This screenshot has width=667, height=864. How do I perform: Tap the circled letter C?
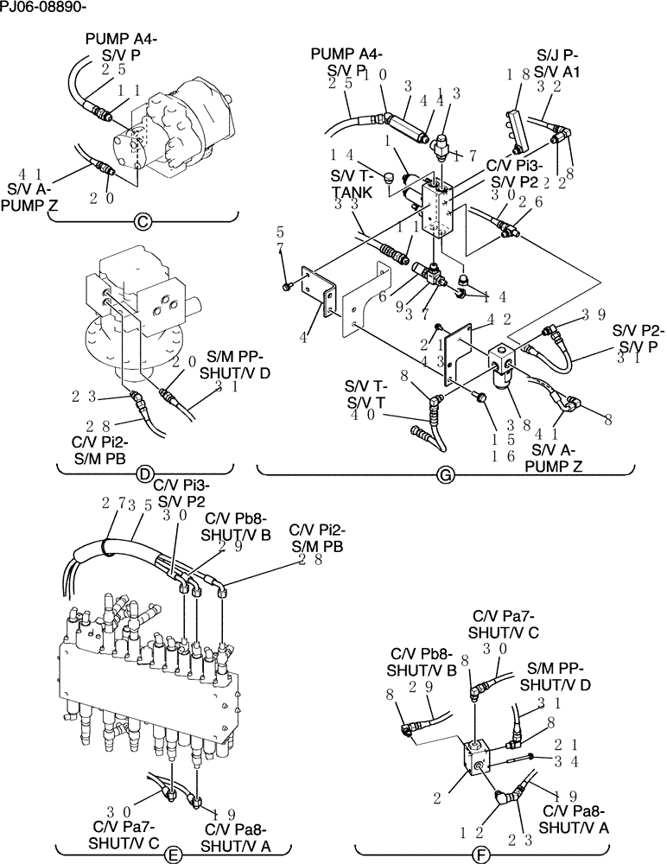(x=144, y=222)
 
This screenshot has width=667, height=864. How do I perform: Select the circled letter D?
(x=145, y=473)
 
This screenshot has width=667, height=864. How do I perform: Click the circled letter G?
(x=446, y=473)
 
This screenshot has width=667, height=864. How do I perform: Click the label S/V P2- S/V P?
(x=637, y=338)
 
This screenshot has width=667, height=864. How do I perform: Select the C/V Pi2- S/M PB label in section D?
(x=98, y=448)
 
